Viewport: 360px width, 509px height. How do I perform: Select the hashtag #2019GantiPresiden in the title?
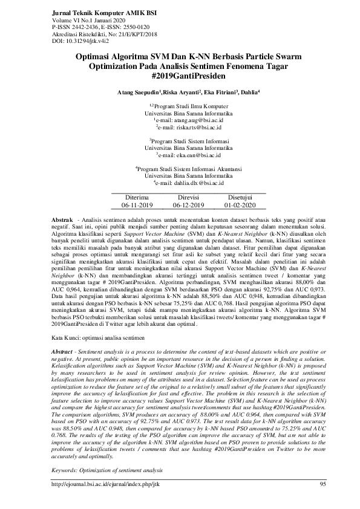pyautogui.click(x=180, y=77)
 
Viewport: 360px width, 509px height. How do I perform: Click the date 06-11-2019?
pyautogui.click(x=137, y=206)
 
